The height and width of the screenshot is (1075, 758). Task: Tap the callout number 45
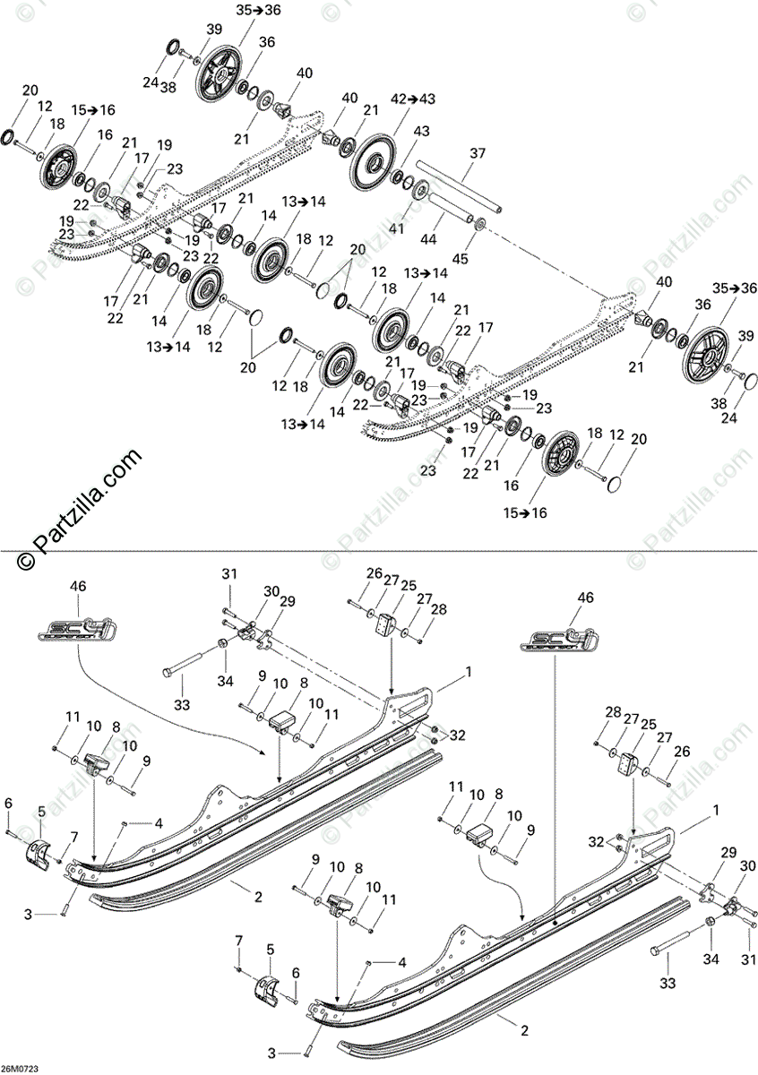click(461, 260)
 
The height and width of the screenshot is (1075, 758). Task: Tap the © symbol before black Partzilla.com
click(25, 562)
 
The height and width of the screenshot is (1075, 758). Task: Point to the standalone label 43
click(422, 132)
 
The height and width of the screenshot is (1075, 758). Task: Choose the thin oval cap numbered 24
click(746, 383)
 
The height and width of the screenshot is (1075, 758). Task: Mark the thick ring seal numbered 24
click(173, 46)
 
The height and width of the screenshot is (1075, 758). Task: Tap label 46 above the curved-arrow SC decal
click(78, 586)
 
